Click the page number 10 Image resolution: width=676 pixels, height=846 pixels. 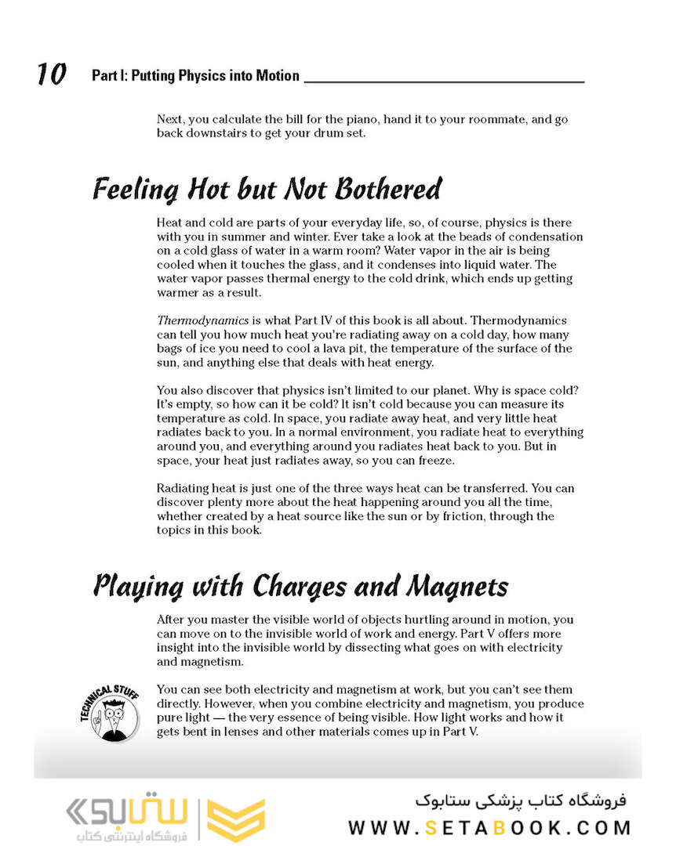pyautogui.click(x=51, y=75)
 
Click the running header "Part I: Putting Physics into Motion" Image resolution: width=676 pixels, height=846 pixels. pyautogui.click(x=195, y=76)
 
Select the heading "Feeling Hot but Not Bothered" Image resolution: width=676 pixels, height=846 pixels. pyautogui.click(x=267, y=190)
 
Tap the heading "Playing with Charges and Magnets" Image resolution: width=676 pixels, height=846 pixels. pyautogui.click(x=300, y=586)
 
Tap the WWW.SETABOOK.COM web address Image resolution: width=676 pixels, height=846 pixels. pyautogui.click(x=489, y=827)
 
